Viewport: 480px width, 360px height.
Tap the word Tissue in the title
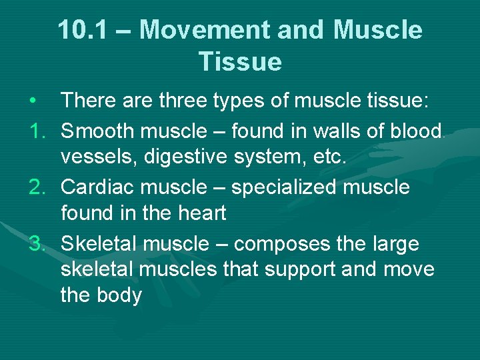(x=240, y=62)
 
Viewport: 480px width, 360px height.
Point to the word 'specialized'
(x=286, y=187)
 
